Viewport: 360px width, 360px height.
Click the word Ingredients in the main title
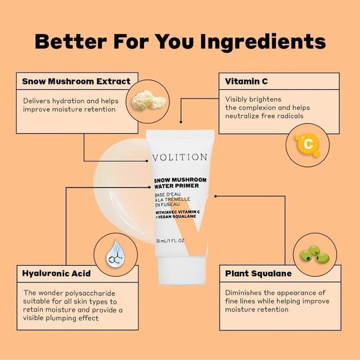[263, 42]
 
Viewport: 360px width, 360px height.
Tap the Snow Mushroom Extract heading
[76, 81]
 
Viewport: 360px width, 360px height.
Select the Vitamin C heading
[246, 81]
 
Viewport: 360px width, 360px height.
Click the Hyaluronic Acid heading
[56, 274]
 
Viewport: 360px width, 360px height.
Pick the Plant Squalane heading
[258, 274]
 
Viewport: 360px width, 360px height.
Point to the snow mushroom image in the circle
[149, 101]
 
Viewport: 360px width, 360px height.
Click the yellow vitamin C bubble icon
[308, 145]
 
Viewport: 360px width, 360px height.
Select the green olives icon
[315, 254]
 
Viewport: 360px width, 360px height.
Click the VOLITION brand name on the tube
[180, 157]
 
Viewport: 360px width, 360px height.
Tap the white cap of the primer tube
[181, 271]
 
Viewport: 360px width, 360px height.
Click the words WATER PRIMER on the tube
[176, 186]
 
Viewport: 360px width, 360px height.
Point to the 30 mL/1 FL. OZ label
[170, 241]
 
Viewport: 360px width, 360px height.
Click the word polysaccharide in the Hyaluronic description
[90, 294]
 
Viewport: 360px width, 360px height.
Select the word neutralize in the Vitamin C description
[242, 116]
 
